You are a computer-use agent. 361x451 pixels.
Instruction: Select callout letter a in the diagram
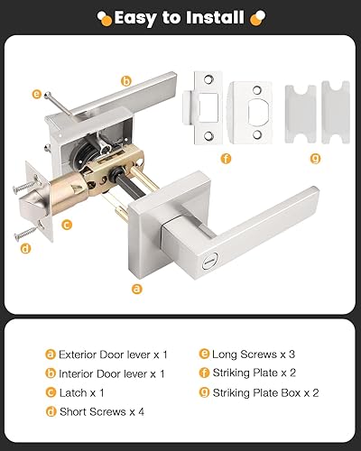pos(136,289)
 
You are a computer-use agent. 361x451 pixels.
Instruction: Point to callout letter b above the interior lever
pos(125,80)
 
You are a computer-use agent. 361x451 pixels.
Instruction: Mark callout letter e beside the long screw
pos(37,93)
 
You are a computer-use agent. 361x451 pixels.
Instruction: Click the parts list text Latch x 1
pos(83,392)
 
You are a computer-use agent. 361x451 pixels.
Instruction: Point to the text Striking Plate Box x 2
pos(266,392)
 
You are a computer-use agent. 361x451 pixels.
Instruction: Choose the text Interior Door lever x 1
pos(111,373)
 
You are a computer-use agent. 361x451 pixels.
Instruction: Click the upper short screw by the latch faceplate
pos(23,189)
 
